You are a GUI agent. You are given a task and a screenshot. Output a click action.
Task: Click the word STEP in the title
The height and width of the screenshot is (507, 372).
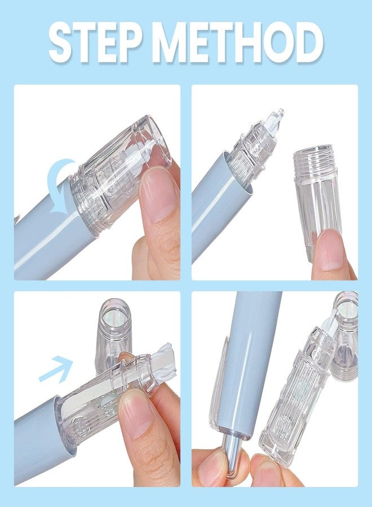pos(95,43)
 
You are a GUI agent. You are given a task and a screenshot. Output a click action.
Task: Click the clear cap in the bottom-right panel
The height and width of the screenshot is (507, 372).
pos(346,336)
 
